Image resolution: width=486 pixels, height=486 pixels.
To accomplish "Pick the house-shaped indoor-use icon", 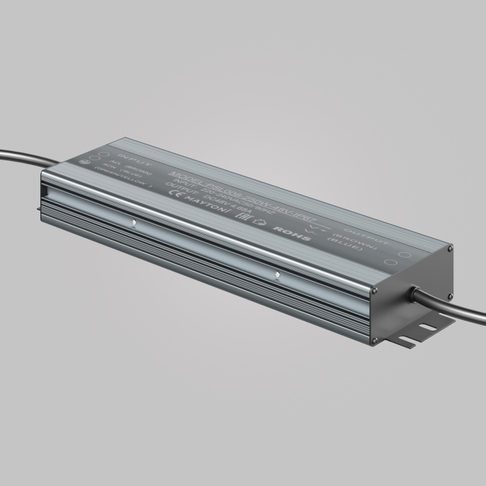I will point(261,221).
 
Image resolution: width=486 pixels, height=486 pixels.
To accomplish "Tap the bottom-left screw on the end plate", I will point(374,340).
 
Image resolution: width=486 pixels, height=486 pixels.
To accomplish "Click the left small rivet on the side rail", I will point(134,224).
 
